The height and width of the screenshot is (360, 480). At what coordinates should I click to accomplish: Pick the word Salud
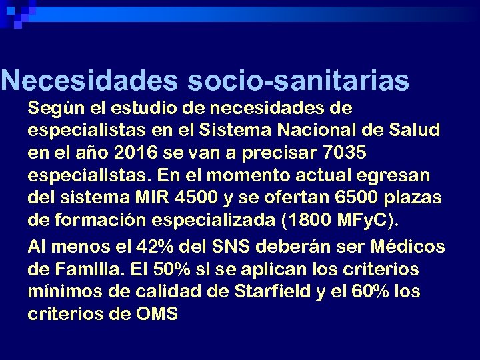pos(416,130)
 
